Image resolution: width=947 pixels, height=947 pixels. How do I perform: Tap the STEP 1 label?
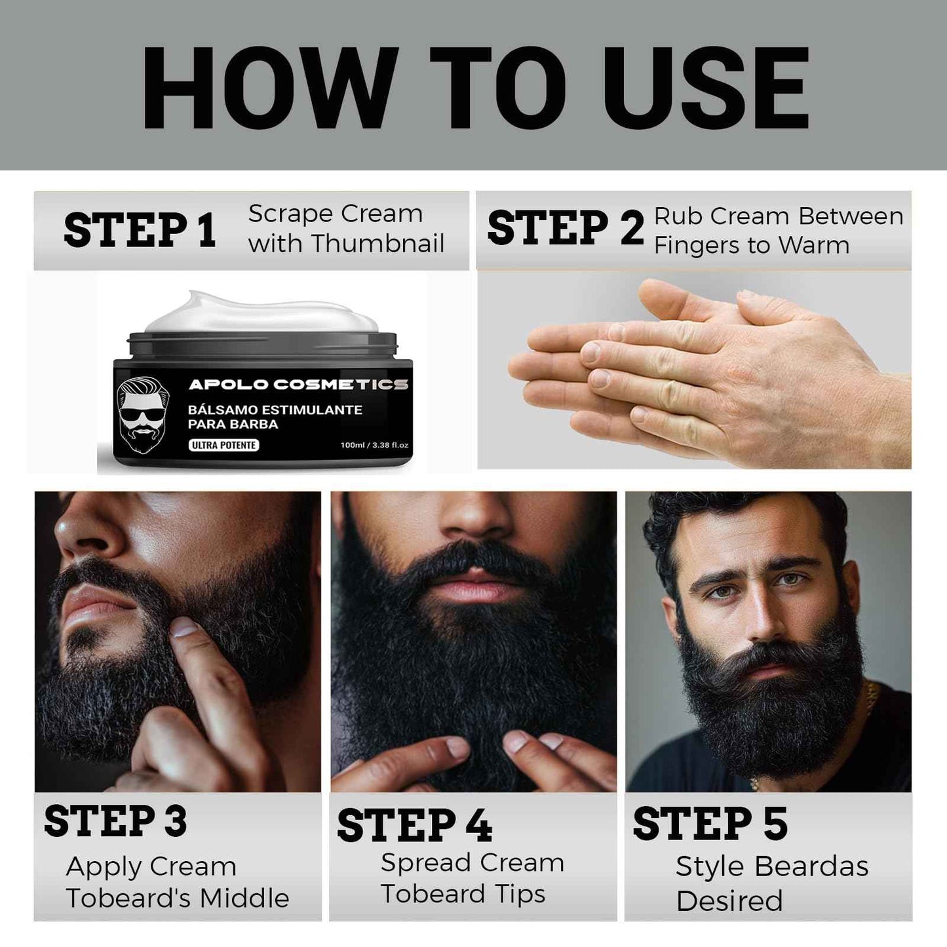click(140, 231)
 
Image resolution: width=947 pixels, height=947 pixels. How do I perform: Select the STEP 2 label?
click(565, 229)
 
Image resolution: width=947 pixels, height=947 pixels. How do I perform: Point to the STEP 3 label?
click(115, 821)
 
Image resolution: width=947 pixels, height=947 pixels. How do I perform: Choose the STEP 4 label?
click(414, 825)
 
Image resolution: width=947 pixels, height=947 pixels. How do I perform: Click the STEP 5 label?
click(710, 824)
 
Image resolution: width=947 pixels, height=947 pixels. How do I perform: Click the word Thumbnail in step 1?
click(378, 244)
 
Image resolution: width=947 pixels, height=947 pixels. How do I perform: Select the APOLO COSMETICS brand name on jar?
click(298, 384)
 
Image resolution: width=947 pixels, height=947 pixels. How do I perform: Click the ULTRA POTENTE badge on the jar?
click(224, 445)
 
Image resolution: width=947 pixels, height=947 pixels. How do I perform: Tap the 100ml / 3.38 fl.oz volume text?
click(374, 445)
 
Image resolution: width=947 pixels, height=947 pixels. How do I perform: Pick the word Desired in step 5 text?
click(729, 901)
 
